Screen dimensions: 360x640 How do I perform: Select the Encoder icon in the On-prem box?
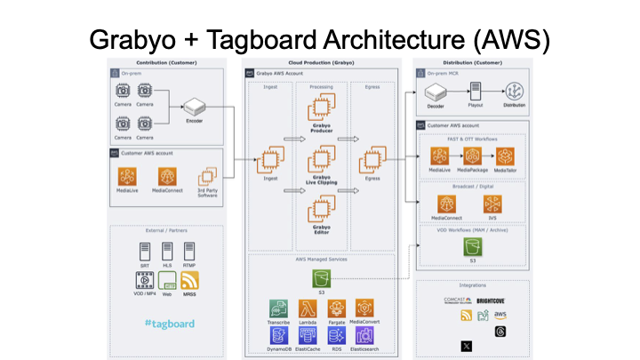[x=194, y=108]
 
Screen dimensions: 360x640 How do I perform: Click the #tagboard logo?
[x=169, y=324]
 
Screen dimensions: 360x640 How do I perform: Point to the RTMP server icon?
[x=189, y=251]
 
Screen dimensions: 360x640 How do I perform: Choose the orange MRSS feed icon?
[x=189, y=279]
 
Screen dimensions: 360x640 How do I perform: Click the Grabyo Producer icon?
[x=321, y=110]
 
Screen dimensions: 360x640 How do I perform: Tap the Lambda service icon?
[x=308, y=308]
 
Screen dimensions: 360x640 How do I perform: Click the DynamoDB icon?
[x=279, y=335]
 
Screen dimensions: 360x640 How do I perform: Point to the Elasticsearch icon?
[x=364, y=335]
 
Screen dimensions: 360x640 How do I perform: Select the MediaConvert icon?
[x=364, y=308]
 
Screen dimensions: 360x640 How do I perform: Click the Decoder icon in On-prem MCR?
[x=436, y=92]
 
